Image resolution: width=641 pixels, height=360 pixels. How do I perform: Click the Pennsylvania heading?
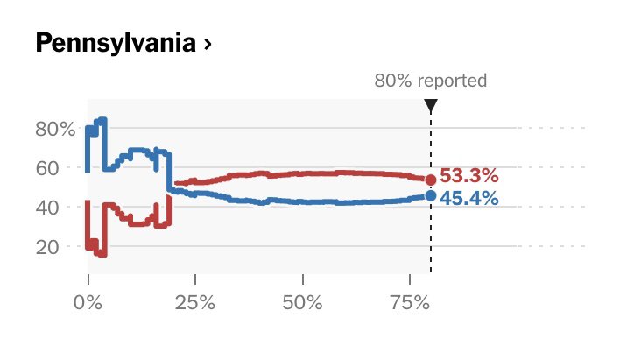coord(114,44)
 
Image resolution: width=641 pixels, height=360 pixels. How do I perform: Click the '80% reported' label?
coord(430,81)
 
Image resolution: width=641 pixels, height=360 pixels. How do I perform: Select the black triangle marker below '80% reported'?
coord(430,106)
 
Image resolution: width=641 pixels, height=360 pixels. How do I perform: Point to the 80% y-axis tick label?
coord(55,129)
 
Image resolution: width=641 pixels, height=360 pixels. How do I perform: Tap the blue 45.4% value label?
coord(468,199)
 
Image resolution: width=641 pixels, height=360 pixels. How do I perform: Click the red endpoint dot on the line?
coord(430,180)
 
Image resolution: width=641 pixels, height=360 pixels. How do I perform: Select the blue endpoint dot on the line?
coord(430,195)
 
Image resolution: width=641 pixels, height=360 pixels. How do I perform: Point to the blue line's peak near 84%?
coord(102,120)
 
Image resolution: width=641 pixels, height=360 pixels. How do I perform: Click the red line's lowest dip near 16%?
coord(102,254)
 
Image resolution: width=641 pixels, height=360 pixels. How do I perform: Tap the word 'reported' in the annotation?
coord(451,81)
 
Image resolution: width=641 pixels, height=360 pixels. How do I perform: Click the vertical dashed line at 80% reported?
coord(430,236)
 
